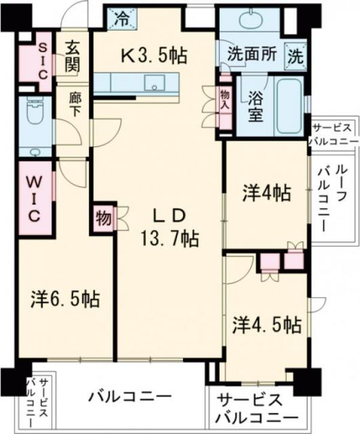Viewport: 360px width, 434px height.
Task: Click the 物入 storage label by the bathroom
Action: pos(224,99)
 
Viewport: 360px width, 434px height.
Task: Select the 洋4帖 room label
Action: pos(267,193)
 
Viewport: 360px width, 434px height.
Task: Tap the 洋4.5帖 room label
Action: pos(268,324)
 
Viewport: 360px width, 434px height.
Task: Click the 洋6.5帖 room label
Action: pos(66,298)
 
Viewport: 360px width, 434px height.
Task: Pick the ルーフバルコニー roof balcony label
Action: pos(324,196)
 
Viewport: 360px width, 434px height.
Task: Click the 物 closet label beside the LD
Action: pos(102,219)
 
